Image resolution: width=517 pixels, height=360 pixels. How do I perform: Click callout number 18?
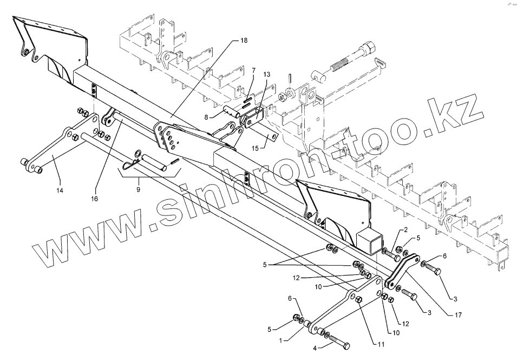pos(244,41)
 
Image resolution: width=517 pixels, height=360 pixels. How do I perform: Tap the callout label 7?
pos(253,70)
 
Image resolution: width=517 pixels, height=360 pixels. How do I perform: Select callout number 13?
pos(266,74)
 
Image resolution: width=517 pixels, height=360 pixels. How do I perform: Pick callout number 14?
pos(60,190)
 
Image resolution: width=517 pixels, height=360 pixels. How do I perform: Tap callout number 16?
pos(95,199)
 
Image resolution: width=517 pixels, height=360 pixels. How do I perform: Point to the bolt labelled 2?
pos(391,254)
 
